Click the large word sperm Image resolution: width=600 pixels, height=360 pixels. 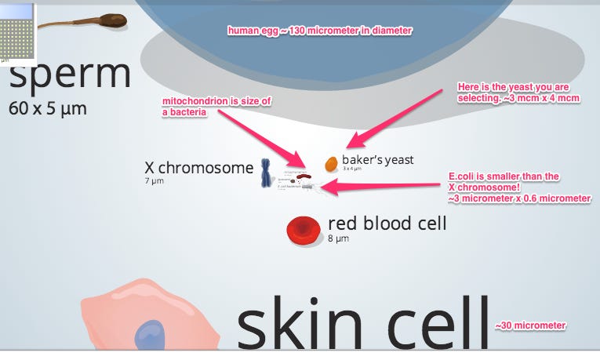click(x=70, y=74)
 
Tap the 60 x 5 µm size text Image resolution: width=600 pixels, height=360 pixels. click(x=47, y=108)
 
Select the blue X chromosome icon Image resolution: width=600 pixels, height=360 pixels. click(x=267, y=173)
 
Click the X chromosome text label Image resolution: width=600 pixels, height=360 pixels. click(x=198, y=167)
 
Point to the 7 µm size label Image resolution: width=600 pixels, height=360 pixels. click(x=153, y=181)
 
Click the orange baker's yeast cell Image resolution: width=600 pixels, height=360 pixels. click(x=332, y=164)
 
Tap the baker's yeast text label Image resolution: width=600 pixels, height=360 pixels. click(x=377, y=160)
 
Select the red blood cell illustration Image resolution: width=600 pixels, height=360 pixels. click(x=303, y=229)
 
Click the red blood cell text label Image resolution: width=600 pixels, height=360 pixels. click(x=387, y=224)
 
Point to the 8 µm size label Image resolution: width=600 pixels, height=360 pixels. click(x=337, y=238)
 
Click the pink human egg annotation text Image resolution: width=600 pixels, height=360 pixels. click(x=319, y=31)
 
